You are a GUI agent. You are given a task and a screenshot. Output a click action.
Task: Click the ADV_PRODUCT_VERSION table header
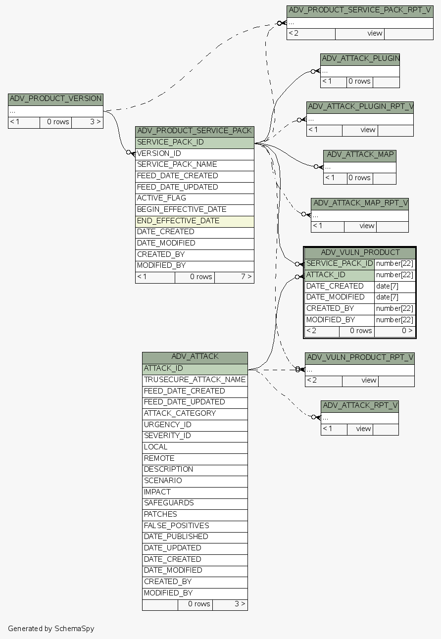click(55, 98)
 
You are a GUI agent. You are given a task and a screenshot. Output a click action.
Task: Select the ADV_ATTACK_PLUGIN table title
click(360, 59)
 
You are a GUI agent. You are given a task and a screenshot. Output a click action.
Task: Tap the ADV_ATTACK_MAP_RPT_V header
click(360, 203)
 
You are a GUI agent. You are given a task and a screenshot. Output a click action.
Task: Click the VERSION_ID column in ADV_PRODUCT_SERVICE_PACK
click(195, 153)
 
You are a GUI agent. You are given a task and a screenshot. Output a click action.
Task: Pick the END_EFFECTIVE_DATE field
click(195, 221)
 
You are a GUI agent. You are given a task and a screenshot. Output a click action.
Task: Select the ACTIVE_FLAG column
click(195, 198)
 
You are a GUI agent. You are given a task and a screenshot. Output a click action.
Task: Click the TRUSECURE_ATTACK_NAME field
click(195, 380)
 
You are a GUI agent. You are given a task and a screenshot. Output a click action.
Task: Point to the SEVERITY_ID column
click(195, 436)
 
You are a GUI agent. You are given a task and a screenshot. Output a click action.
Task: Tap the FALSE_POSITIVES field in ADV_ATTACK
click(195, 526)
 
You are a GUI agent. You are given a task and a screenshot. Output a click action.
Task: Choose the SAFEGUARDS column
click(195, 503)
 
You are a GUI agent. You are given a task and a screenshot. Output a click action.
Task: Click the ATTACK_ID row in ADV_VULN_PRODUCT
click(339, 275)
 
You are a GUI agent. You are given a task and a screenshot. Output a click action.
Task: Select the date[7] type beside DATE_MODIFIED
click(394, 297)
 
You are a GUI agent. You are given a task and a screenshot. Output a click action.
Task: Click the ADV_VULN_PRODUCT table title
click(360, 252)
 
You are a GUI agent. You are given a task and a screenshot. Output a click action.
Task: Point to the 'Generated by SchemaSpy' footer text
click(51, 629)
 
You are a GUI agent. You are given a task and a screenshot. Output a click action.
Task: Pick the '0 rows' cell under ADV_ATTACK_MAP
click(359, 178)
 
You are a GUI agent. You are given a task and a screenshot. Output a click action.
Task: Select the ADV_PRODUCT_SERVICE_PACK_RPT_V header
click(360, 10)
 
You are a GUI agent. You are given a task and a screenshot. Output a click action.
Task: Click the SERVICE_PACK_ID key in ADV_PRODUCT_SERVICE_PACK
click(195, 143)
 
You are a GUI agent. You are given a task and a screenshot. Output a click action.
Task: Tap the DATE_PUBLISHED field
click(195, 537)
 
